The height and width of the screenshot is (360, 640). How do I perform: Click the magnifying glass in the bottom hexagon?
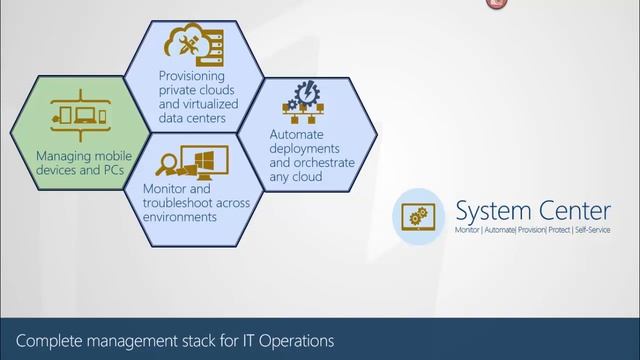(169, 161)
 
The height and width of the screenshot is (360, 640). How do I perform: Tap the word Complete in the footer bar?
(50, 340)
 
